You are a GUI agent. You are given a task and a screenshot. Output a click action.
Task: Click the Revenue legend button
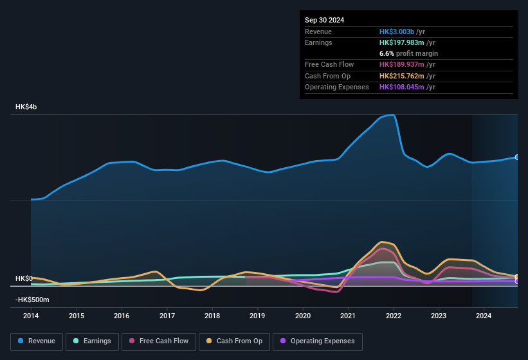[37, 341]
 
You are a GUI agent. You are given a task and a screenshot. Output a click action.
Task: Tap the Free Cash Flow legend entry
[159, 341]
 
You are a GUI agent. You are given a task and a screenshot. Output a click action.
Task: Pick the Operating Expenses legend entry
[317, 341]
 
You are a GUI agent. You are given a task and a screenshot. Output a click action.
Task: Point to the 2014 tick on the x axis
[31, 316]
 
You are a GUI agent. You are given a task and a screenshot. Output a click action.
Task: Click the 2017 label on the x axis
[167, 316]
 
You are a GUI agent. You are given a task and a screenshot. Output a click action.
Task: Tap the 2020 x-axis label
[303, 316]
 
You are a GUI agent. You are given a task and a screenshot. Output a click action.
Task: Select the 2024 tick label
[484, 316]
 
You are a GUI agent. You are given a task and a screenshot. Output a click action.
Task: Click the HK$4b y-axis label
[26, 107]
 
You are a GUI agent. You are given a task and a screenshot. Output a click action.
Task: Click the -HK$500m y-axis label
[32, 300]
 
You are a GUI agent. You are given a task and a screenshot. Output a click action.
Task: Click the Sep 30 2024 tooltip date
[324, 20]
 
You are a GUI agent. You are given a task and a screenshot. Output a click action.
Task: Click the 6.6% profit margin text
[408, 53]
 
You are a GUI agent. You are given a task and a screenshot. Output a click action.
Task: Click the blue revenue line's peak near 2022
[392, 115]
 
